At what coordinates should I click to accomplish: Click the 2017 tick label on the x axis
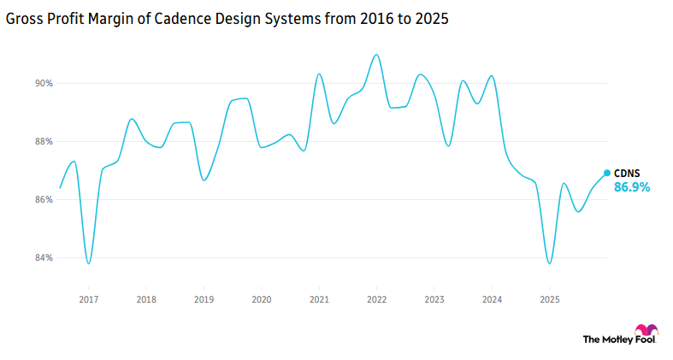tap(88, 300)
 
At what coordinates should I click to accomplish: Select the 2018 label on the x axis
tap(146, 300)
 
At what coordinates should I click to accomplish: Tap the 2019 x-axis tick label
tap(204, 300)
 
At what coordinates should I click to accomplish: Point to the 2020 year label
tap(262, 300)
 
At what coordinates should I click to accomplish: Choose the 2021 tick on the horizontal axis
tap(319, 300)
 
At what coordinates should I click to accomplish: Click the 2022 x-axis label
tap(377, 300)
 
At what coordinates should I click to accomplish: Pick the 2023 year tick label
tap(434, 300)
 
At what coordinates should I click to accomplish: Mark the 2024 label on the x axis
tap(493, 300)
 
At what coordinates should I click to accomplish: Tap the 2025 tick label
tap(550, 300)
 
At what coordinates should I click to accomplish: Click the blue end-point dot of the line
tap(607, 173)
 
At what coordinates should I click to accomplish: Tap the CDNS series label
tap(627, 174)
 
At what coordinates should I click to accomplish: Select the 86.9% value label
tap(632, 187)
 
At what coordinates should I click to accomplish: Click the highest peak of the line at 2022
tap(376, 55)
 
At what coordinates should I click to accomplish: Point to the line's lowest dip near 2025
tap(549, 263)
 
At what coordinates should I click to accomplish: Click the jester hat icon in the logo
tap(647, 332)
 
